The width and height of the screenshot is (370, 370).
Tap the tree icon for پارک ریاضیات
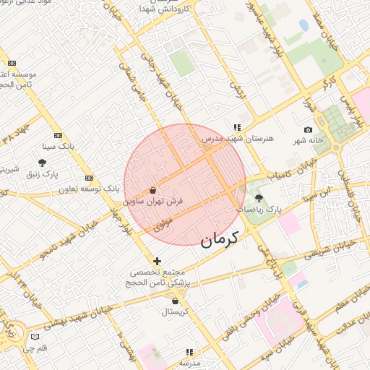pos(259,198)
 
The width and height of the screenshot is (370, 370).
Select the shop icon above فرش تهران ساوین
pos(152,190)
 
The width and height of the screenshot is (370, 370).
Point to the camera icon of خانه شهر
pos(309,130)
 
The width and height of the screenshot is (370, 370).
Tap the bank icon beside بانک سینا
pos(58,135)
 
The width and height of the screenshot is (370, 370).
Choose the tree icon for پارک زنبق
pos(42,163)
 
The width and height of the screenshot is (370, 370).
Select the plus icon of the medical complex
pos(158,260)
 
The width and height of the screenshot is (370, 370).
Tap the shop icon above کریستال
pos(175,301)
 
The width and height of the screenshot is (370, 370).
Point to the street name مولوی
pos(160,225)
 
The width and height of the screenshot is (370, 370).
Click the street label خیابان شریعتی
pos(329,250)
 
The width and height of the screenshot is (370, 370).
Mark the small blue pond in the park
pos(304,26)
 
